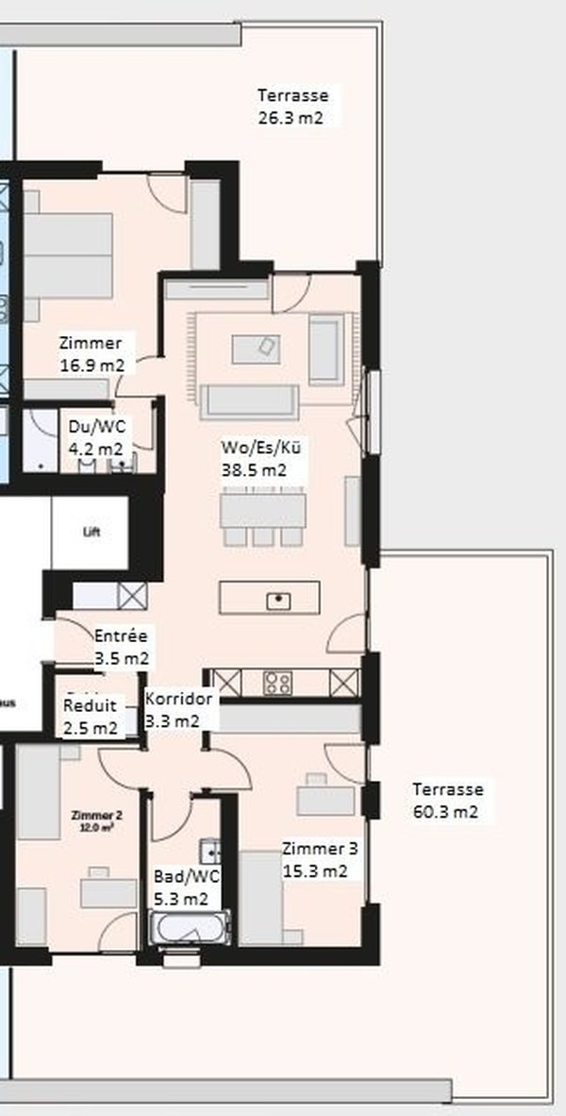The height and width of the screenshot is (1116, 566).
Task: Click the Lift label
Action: pos(92,532)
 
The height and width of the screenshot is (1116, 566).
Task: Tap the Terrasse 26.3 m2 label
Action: pos(292,107)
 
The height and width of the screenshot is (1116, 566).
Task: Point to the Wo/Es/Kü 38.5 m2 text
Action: pos(254,459)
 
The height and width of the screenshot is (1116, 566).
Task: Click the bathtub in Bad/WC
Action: pos(190,927)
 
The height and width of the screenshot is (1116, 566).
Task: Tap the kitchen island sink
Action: pos(278,599)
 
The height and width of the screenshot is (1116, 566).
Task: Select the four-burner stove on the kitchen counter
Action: pos(277,682)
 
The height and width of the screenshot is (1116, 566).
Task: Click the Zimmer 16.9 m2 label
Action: pos(91,353)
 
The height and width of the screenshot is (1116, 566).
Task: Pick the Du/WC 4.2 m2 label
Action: pos(95,437)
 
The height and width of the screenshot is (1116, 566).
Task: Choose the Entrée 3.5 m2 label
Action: pos(121,647)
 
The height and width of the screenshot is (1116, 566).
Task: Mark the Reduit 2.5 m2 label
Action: pos(91,717)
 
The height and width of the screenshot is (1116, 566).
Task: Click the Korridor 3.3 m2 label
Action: pos(178,709)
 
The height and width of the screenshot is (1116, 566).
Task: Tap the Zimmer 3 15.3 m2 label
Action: pos(320,859)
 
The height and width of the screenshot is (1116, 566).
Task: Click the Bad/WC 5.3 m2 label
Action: pos(186,888)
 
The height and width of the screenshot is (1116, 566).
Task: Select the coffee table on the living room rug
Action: pos(256,348)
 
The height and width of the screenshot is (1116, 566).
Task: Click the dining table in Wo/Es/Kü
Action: pos(263,511)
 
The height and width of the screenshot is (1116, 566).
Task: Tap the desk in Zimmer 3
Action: pos(325,799)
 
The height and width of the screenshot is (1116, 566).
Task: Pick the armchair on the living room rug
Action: pos(325,351)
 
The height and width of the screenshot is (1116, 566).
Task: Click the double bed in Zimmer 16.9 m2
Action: pos(68,254)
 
